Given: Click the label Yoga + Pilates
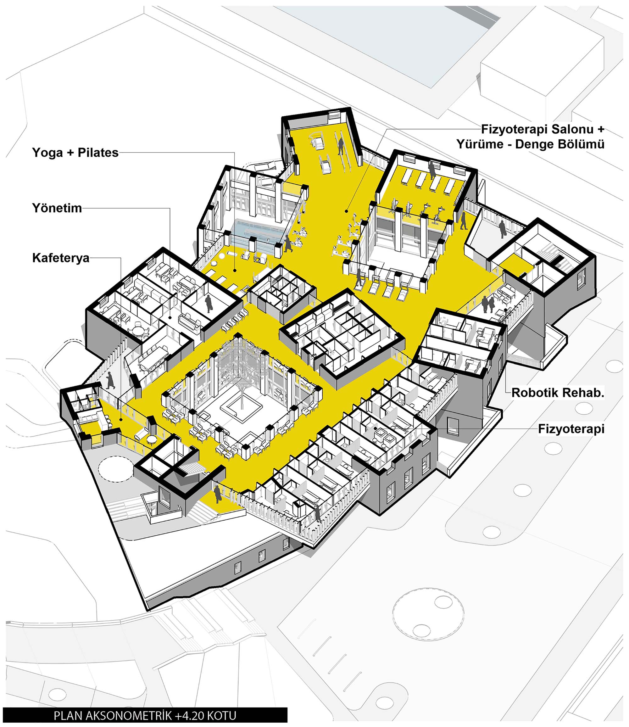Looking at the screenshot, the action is coord(75,152).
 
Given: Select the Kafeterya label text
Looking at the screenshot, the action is coord(61,258).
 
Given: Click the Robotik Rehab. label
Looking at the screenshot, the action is coord(558,393).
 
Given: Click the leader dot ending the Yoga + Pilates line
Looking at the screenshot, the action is coord(235,270).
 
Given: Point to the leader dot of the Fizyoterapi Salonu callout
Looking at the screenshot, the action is coord(346,211).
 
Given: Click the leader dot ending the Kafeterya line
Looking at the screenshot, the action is coord(121,419).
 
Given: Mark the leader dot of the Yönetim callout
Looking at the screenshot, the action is coord(170,317).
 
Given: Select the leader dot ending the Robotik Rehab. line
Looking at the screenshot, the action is coord(506,310).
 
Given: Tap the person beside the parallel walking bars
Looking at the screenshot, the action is coord(340,146).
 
